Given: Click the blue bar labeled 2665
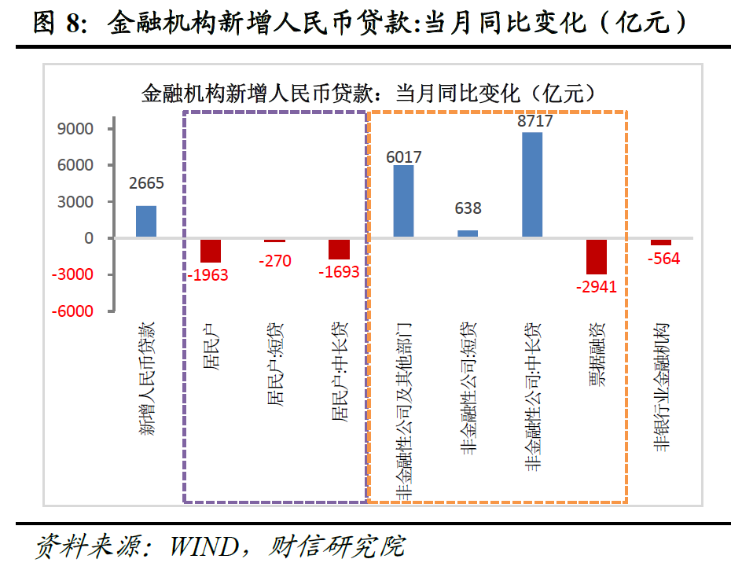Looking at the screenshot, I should (146, 221).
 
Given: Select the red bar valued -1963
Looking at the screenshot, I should (211, 251).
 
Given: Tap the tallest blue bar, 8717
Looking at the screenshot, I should (532, 185).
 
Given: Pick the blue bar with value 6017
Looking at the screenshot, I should (403, 201).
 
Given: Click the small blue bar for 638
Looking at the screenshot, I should (468, 234).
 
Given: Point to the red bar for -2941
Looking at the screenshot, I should (597, 256).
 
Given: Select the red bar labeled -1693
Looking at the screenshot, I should (339, 249).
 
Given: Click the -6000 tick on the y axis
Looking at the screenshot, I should (74, 311).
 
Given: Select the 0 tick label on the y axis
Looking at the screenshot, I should (89, 238).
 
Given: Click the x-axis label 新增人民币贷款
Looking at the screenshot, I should (147, 378).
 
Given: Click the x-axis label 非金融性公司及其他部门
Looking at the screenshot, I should (403, 410).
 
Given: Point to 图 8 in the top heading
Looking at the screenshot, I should (59, 22).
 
